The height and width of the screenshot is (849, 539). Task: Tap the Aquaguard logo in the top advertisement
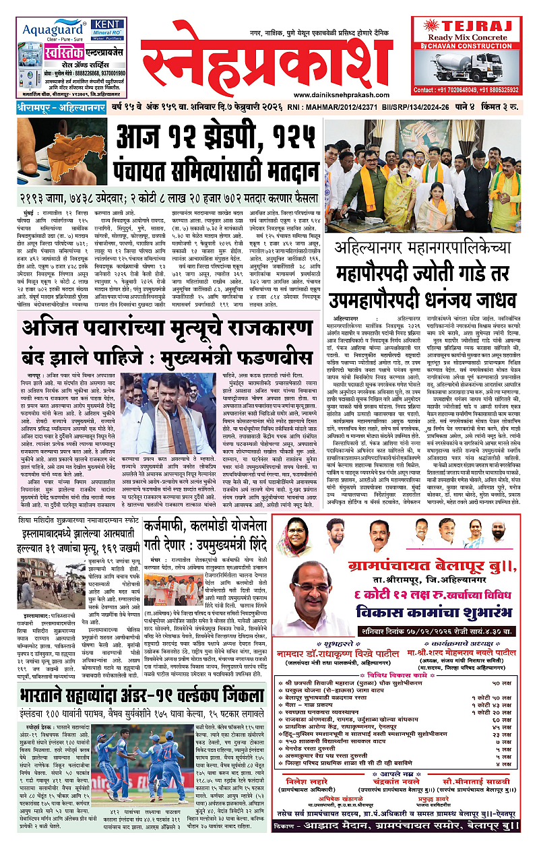pyautogui.click(x=50, y=30)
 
